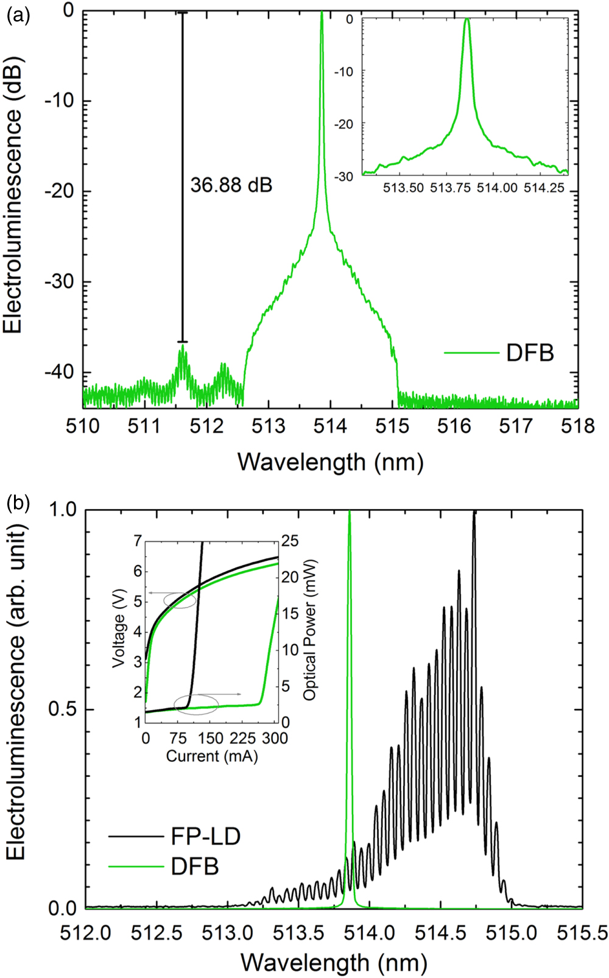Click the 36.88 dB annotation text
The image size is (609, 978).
pyautogui.click(x=231, y=185)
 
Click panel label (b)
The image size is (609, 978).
pyautogui.click(x=16, y=503)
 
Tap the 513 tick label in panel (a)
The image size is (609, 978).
pyautogui.click(x=269, y=426)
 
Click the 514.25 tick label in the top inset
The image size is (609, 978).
pyautogui.click(x=544, y=189)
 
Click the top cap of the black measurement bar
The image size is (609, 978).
pyautogui.click(x=182, y=12)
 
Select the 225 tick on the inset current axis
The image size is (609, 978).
pyautogui.click(x=243, y=738)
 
